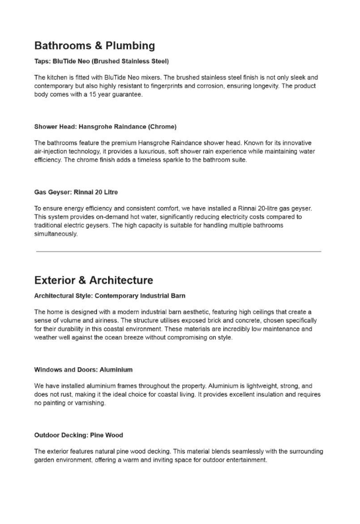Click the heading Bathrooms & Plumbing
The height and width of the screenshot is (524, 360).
pyautogui.click(x=94, y=46)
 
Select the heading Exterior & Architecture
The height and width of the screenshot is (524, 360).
pyautogui.click(x=94, y=280)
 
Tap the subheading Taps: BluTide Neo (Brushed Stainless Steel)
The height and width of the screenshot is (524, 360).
pyautogui.click(x=101, y=61)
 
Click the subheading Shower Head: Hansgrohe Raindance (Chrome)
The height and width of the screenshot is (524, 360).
pyautogui.click(x=105, y=126)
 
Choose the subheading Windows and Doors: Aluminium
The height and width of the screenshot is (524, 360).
pyautogui.click(x=83, y=370)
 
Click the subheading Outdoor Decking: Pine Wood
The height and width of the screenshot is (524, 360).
pyautogui.click(x=78, y=435)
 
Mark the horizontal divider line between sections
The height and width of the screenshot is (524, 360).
pyautogui.click(x=179, y=251)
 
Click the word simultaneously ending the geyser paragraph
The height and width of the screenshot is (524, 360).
pyautogui.click(x=56, y=233)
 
